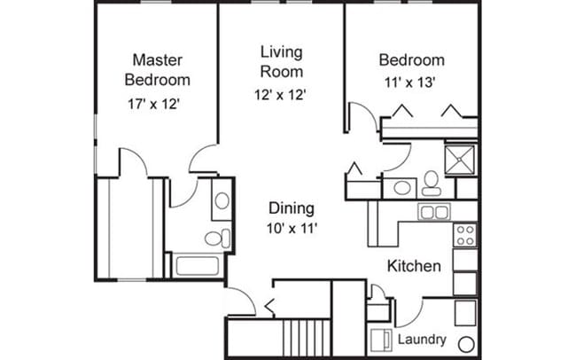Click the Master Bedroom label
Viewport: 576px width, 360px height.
click(157, 70)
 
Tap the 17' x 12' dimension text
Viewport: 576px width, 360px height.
click(153, 104)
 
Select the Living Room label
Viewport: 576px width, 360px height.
click(282, 62)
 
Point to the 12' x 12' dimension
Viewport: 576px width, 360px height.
click(280, 95)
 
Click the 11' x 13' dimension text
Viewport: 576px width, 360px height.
click(410, 82)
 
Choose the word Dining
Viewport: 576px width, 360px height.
click(292, 208)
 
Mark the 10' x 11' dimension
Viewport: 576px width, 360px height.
click(292, 229)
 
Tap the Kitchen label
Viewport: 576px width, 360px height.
click(414, 266)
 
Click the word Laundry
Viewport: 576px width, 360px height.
click(422, 339)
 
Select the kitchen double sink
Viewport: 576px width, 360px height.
click(434, 212)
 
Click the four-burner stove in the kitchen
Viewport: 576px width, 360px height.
click(465, 235)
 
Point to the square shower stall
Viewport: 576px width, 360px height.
click(460, 160)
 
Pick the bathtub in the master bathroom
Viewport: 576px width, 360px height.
click(198, 265)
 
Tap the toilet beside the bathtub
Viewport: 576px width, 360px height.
click(217, 239)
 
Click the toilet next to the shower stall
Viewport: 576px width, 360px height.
click(432, 183)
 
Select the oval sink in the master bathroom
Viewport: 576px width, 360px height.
click(222, 200)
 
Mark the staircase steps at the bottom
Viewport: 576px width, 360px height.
click(307, 337)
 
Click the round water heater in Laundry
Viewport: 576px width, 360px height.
click(466, 345)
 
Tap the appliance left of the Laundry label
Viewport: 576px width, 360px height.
click(380, 340)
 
